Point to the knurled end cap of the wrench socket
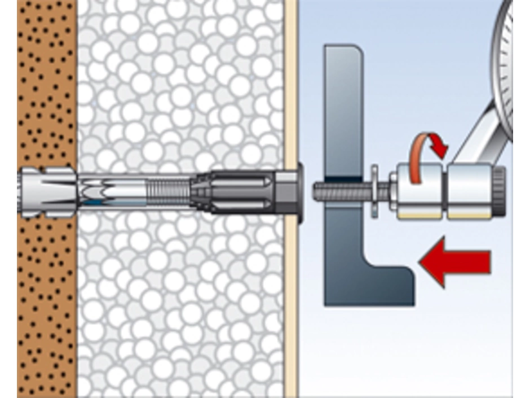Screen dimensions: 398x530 (x=499, y=186)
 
